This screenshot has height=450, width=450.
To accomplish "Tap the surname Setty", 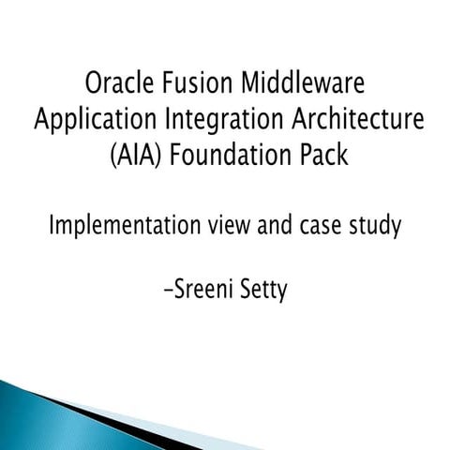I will coord(262,291).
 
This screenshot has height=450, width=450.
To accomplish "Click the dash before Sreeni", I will coord(167,292).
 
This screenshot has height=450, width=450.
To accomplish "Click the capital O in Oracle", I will coord(94,84).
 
